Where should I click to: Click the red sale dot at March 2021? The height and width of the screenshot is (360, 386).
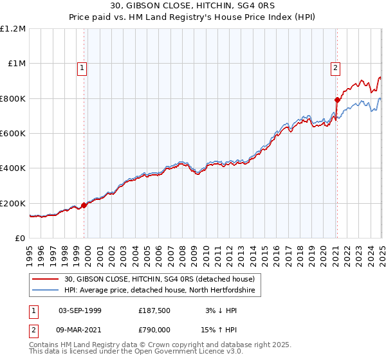click(x=336, y=100)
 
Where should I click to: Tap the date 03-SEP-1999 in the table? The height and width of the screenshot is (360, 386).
click(x=80, y=310)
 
